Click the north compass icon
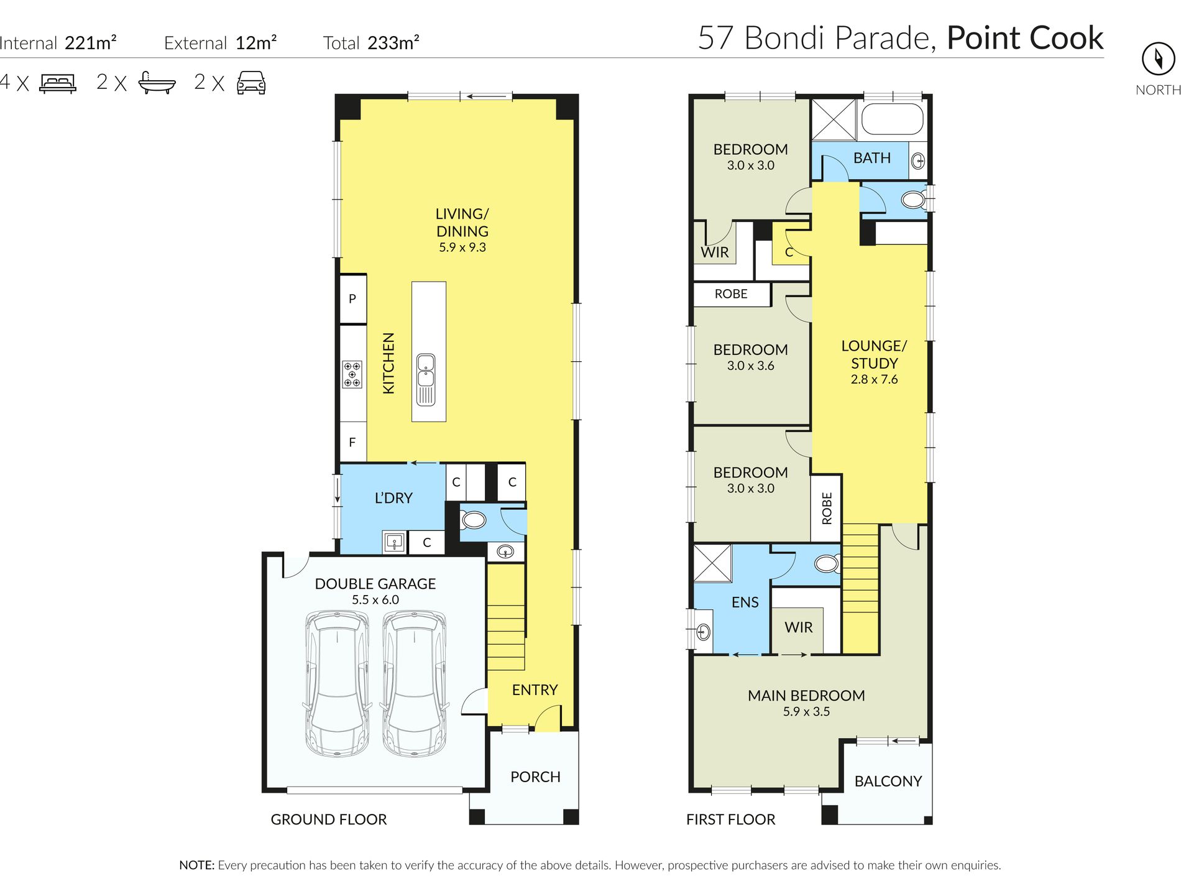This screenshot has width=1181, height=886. [x=1158, y=59]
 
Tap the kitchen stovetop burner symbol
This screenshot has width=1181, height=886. [x=352, y=374]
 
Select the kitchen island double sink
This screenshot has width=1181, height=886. [x=426, y=379]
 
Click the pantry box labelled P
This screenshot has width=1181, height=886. [x=352, y=298]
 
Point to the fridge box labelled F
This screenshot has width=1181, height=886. [x=352, y=442]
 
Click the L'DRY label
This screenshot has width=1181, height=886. [x=393, y=498]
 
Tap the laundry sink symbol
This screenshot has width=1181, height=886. [x=395, y=542]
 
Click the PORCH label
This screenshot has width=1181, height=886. [x=535, y=777]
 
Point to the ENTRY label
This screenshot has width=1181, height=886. [x=535, y=690]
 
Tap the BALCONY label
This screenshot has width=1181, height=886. [x=888, y=781]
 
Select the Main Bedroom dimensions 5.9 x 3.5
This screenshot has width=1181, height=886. [x=806, y=711]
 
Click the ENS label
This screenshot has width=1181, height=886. [x=745, y=602]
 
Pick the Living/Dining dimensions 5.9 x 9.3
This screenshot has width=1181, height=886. [x=462, y=247]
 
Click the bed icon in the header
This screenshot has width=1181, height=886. [x=58, y=83]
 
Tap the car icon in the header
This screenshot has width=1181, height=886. [x=251, y=82]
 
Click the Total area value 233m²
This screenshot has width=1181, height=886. [x=393, y=42]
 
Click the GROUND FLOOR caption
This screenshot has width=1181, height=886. [x=329, y=819]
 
